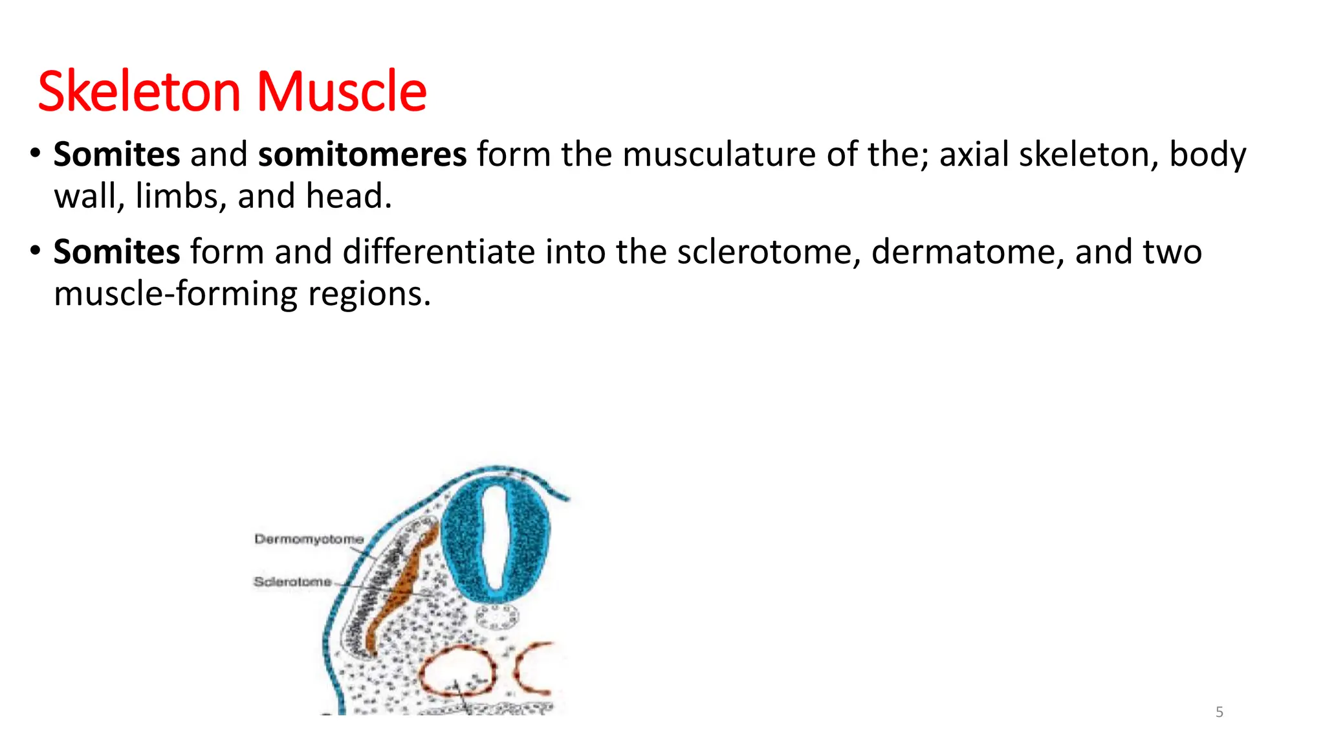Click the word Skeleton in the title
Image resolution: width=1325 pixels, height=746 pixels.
tap(140, 91)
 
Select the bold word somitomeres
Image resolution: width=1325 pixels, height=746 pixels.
tap(362, 155)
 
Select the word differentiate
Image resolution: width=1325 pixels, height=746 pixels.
tap(439, 252)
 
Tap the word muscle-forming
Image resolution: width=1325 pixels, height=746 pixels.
tap(175, 294)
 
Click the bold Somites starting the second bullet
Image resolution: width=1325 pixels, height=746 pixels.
tap(116, 252)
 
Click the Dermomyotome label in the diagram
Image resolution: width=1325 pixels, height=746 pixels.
tap(309, 539)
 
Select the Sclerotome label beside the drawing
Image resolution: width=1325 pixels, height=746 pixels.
tap(292, 582)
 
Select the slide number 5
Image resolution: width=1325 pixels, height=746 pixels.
tap(1219, 712)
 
